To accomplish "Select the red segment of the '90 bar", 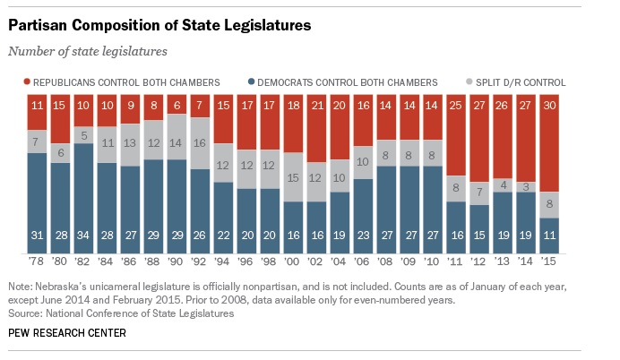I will [177, 104].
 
